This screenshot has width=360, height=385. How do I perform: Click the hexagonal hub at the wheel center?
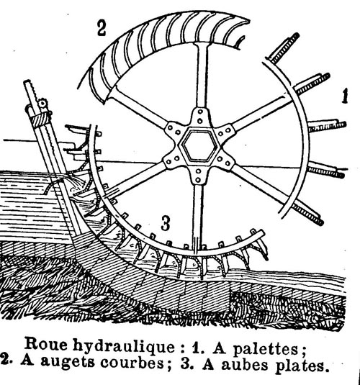(x=199, y=145)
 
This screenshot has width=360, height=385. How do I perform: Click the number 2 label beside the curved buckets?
(x=102, y=29)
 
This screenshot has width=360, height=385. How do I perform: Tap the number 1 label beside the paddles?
(x=345, y=96)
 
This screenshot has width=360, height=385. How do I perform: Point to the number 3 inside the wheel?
(x=166, y=223)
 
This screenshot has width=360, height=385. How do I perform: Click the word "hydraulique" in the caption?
(x=124, y=347)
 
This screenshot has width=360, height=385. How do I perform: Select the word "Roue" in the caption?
(x=46, y=344)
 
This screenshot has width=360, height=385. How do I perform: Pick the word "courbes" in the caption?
(x=132, y=362)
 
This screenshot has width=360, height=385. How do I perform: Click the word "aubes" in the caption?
(x=245, y=365)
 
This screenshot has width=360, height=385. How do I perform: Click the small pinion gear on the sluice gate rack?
(x=42, y=104)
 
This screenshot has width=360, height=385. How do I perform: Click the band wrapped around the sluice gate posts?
(x=40, y=119)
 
